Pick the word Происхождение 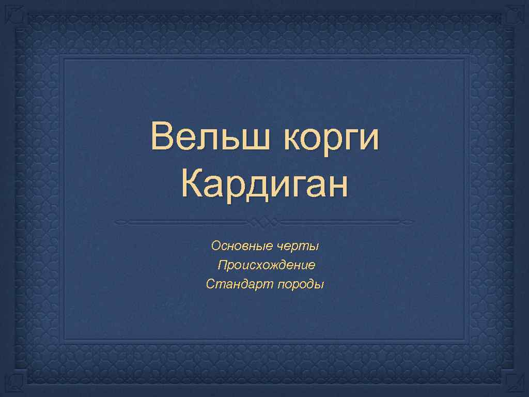point(266,266)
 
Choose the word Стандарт point(239,284)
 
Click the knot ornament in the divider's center point(264,222)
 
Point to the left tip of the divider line point(117,222)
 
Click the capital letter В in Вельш point(161,138)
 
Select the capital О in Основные point(216,246)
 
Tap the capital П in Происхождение point(222,266)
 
